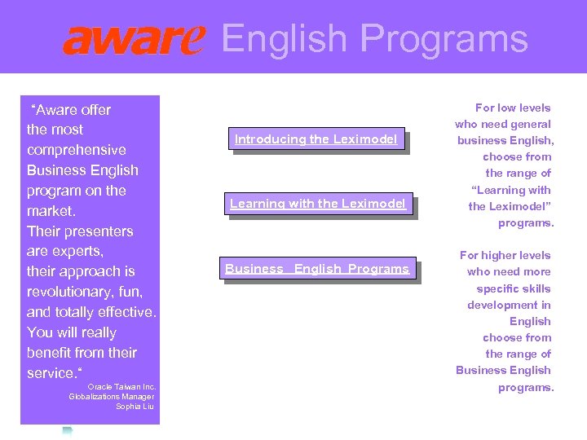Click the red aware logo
(x=134, y=39)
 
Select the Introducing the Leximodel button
(x=316, y=139)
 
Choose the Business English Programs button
(x=317, y=269)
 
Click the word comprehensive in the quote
(x=76, y=150)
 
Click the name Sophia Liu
(x=135, y=407)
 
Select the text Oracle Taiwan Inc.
(x=121, y=387)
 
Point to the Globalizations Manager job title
(x=112, y=397)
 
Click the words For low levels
(x=513, y=108)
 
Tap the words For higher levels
(x=505, y=255)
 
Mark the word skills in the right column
(x=534, y=288)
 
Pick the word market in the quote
(x=50, y=211)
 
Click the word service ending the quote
(x=51, y=373)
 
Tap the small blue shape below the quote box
(x=68, y=430)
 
